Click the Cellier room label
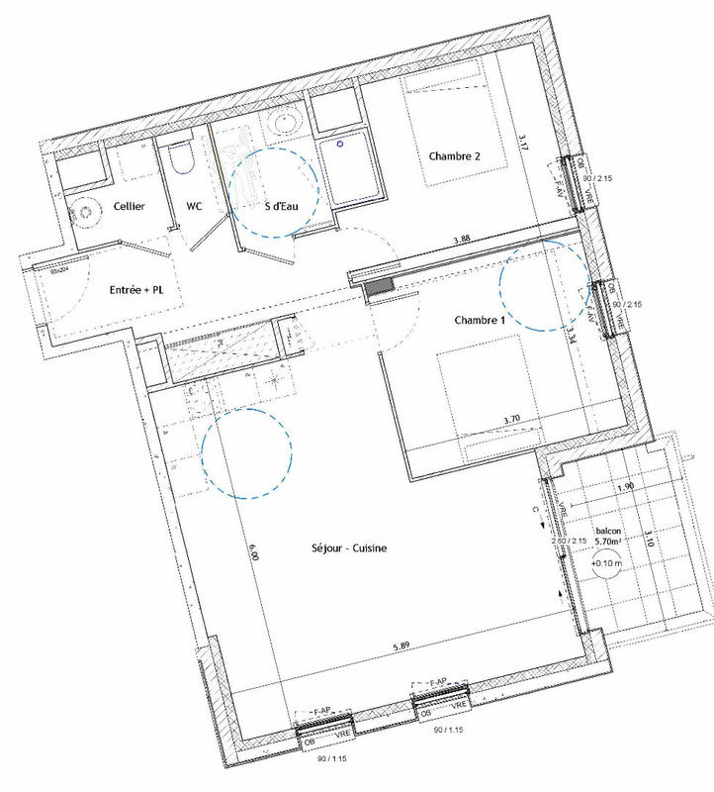pos(130,206)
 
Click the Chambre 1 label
pos(479,321)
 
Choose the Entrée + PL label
pos(135,291)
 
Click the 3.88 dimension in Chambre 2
pos(462,240)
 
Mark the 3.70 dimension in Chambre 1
pos(512,420)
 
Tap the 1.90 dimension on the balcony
pos(626,487)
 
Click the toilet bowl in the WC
pos(180,158)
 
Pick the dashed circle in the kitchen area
pos(247,452)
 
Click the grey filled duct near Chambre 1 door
pos(379,287)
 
